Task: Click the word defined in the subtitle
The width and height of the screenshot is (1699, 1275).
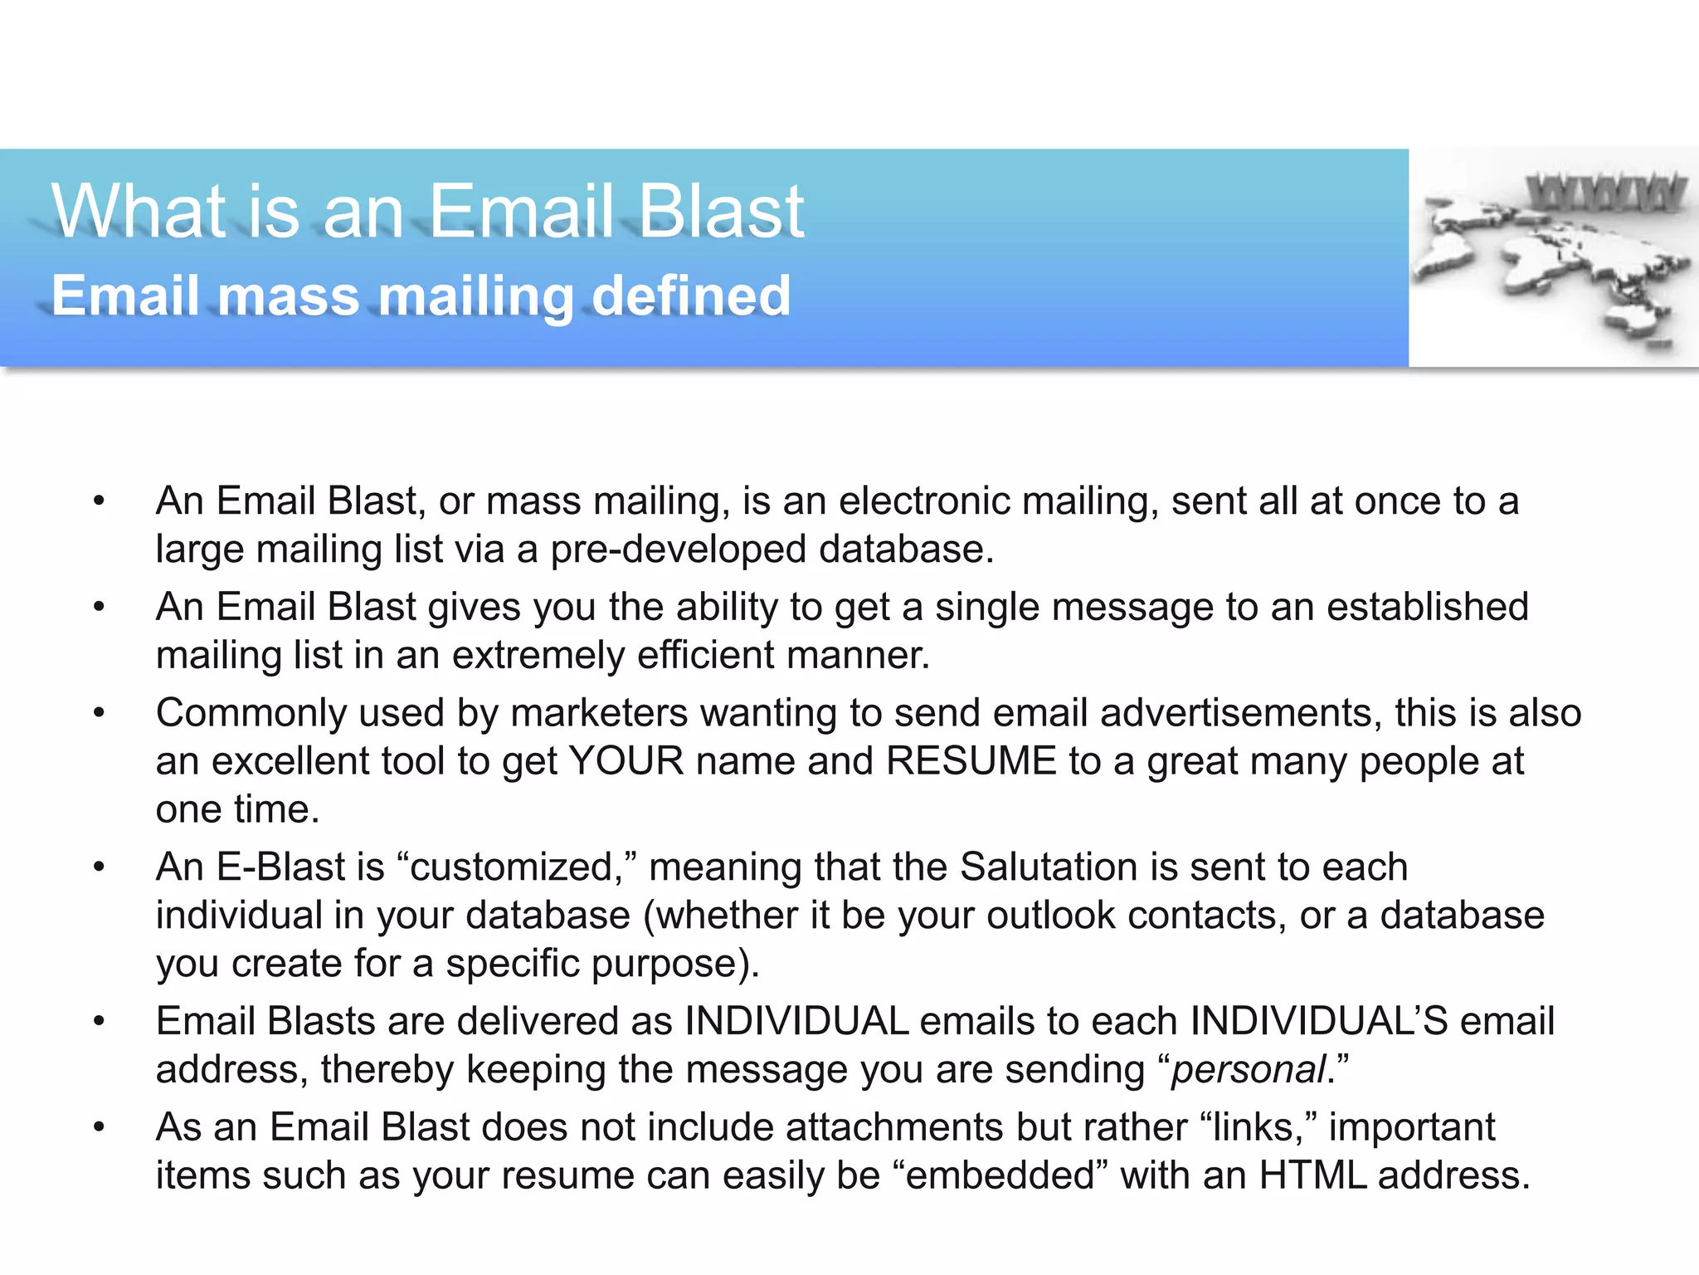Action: [690, 296]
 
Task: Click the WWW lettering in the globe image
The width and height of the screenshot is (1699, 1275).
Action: [1605, 193]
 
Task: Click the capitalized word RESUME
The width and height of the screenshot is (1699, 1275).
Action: [971, 762]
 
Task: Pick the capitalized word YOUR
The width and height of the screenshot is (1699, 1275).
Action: [626, 762]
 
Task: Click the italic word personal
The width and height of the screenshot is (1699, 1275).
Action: [1248, 1070]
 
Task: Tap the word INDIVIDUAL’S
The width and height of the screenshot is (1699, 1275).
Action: [1318, 1022]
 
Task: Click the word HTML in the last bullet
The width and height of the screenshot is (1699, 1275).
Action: [1312, 1176]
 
